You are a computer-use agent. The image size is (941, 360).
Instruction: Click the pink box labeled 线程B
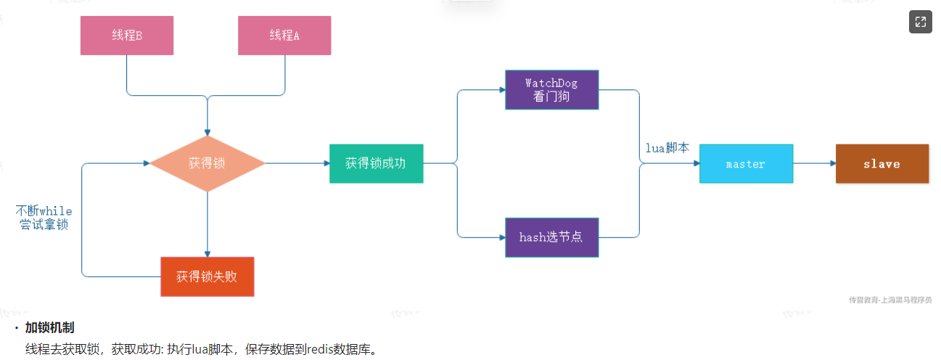click(x=126, y=36)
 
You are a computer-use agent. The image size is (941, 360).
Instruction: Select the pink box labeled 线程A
click(x=284, y=36)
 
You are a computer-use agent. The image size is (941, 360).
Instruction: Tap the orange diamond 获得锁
click(x=207, y=163)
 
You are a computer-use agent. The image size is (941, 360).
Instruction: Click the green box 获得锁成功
click(x=376, y=163)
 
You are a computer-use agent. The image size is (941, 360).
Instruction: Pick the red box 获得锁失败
click(x=207, y=277)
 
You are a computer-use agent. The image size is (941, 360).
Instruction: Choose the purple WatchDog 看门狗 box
click(x=551, y=89)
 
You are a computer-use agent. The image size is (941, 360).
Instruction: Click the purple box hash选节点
click(x=551, y=237)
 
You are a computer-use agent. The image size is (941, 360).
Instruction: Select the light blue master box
click(x=746, y=163)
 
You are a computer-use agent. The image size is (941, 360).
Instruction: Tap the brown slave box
click(x=882, y=163)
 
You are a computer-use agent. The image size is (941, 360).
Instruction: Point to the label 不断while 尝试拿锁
click(x=44, y=218)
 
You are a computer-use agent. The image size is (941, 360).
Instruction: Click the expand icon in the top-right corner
click(x=920, y=22)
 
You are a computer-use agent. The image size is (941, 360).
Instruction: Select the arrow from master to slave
click(x=814, y=163)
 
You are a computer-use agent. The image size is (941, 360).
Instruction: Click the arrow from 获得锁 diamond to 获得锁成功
click(x=297, y=163)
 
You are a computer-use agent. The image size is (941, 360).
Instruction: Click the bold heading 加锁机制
click(x=49, y=328)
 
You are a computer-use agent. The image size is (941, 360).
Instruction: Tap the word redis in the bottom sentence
click(x=321, y=350)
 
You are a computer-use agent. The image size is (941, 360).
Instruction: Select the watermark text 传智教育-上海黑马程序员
click(x=890, y=299)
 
